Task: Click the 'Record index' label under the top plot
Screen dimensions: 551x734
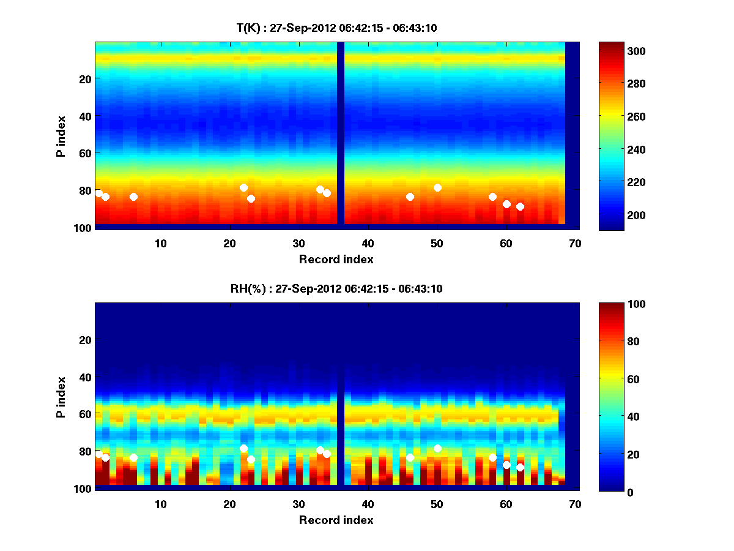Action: (336, 259)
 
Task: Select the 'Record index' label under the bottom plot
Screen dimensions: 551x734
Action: (336, 520)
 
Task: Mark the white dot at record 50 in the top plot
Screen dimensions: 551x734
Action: (437, 187)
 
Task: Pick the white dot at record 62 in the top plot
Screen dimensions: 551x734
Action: (520, 206)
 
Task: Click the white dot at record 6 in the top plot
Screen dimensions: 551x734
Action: (133, 197)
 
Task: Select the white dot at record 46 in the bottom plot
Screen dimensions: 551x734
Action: (410, 457)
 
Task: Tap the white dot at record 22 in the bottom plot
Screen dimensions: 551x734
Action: (243, 448)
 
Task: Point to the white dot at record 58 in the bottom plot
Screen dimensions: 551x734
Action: (492, 457)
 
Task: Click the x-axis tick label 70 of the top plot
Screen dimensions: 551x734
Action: (575, 243)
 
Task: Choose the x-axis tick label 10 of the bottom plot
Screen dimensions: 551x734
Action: (161, 504)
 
